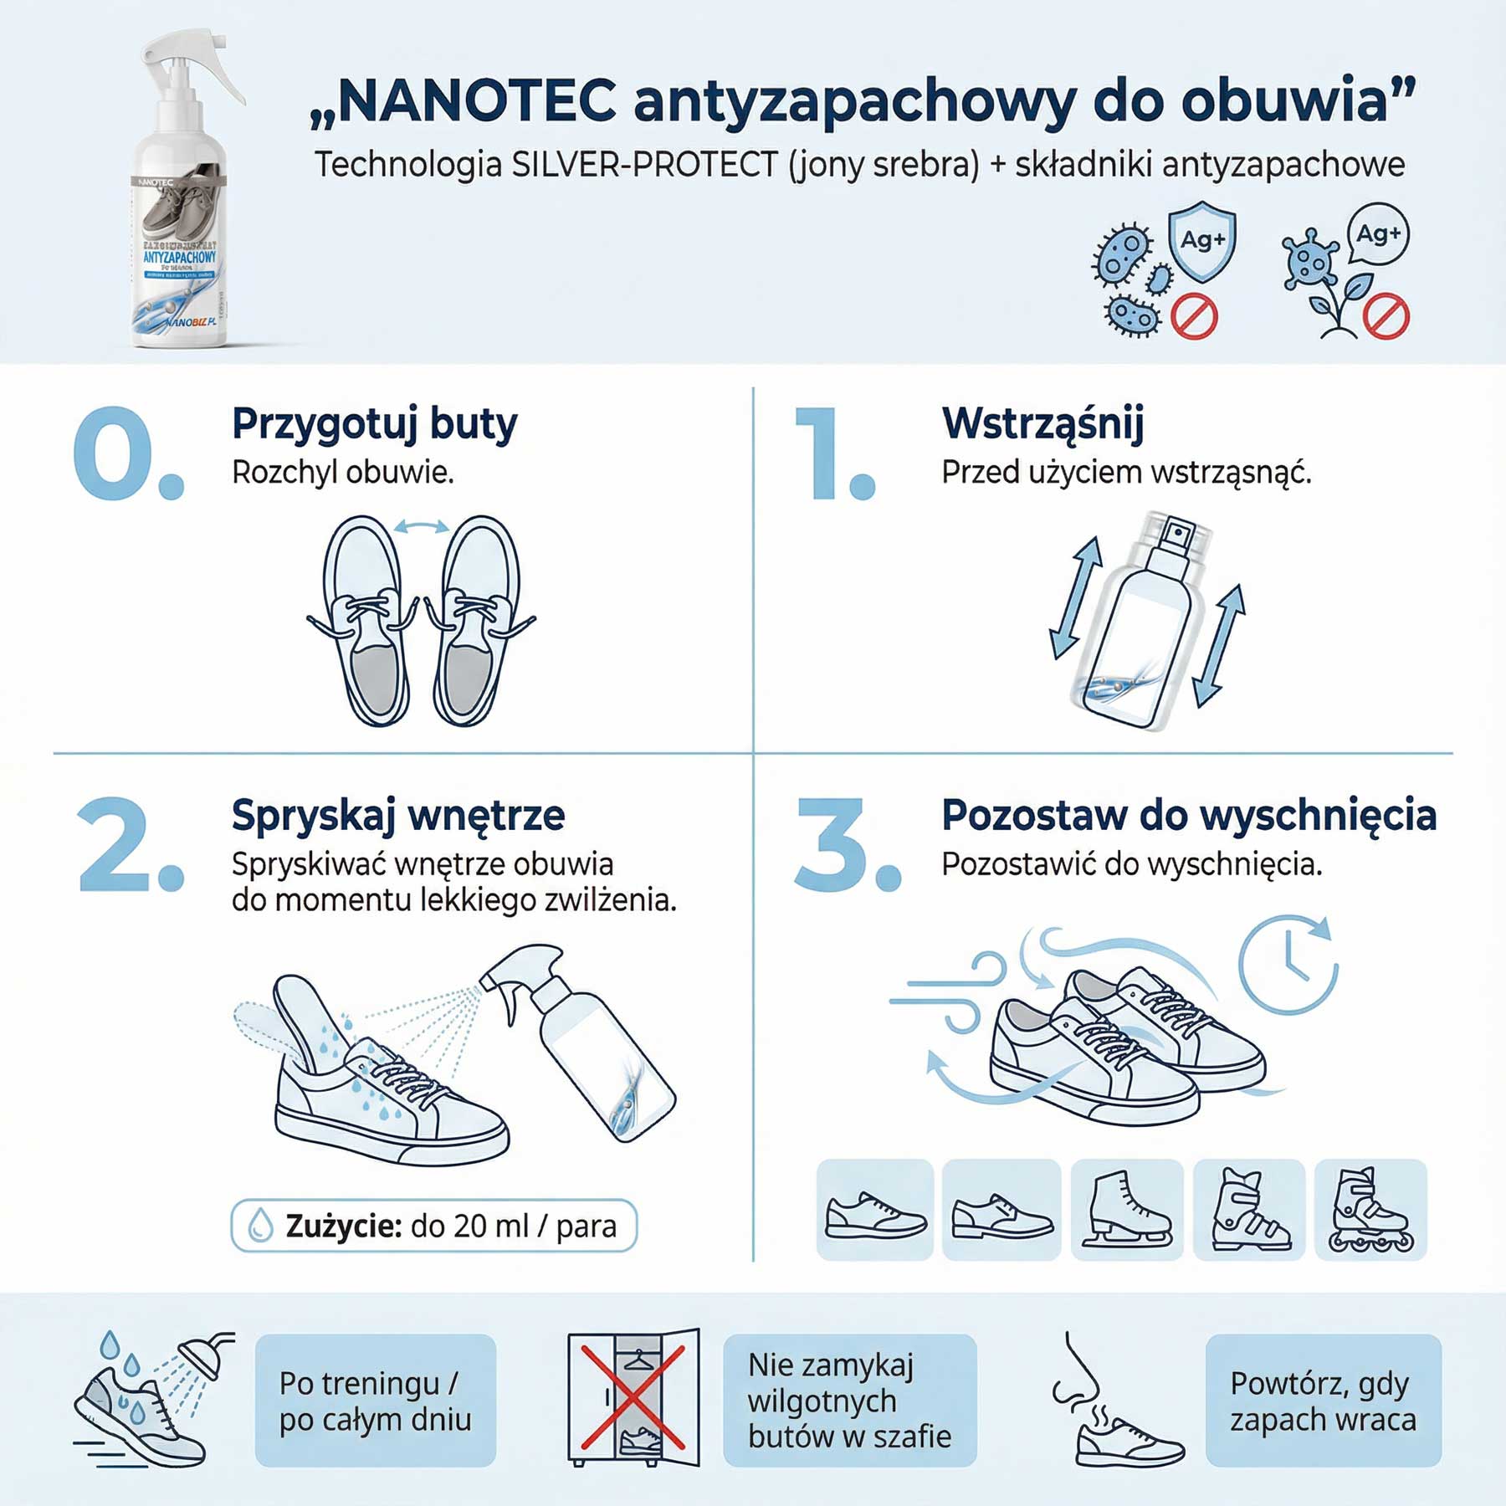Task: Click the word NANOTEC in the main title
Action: [477, 100]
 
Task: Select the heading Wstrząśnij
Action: [1042, 423]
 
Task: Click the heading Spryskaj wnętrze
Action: [398, 815]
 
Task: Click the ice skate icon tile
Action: [1127, 1209]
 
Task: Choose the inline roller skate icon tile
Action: [1370, 1209]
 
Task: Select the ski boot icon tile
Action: [1249, 1209]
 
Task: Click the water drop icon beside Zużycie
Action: [261, 1226]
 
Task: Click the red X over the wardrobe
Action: [633, 1397]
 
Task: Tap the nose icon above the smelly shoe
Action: [1078, 1372]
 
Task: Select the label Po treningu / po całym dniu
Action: [375, 1401]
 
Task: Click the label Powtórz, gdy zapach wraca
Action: [1323, 1401]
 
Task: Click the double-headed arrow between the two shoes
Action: [422, 526]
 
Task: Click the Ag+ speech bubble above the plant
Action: [1378, 234]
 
